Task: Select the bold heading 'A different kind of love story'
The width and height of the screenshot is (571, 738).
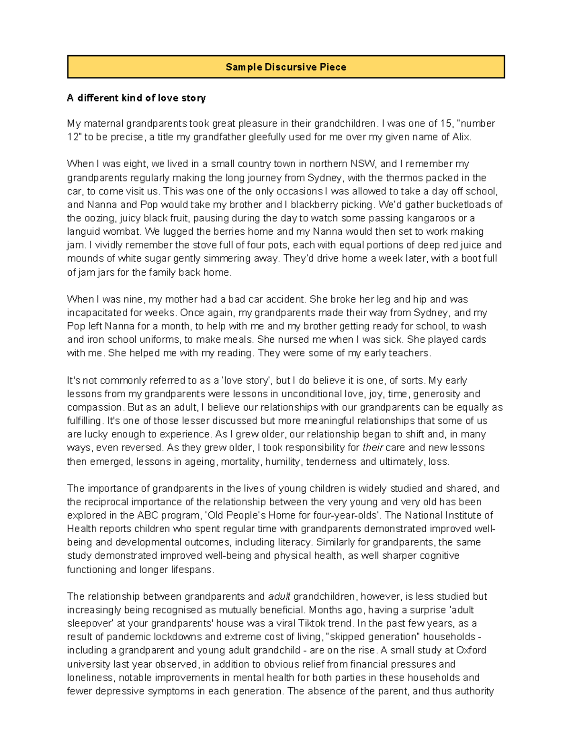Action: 136,98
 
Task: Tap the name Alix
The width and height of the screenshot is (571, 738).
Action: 461,137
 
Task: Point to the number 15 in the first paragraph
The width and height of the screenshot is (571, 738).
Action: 446,124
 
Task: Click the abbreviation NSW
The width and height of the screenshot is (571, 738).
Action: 363,164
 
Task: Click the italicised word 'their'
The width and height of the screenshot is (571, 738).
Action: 373,448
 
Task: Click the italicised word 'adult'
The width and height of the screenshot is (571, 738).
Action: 279,596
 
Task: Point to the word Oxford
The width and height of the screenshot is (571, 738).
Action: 471,650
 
